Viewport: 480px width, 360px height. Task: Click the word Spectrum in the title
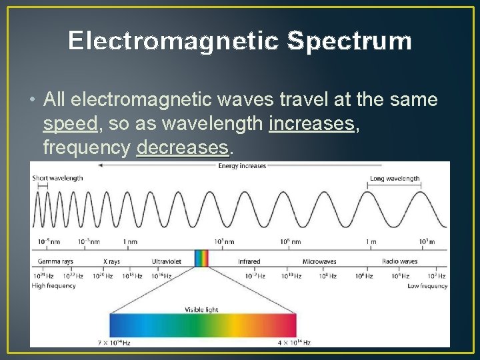[x=349, y=41]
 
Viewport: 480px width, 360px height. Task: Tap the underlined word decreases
[x=182, y=147]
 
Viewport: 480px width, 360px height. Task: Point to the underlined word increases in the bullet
[x=311, y=124]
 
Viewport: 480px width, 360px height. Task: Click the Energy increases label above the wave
[x=242, y=166]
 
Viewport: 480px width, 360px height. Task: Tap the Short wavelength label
[x=58, y=178]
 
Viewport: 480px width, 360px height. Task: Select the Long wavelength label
[x=395, y=178]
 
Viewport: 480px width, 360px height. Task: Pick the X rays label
[x=111, y=262]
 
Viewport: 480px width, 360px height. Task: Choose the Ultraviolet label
[x=166, y=262]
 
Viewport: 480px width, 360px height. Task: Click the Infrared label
[x=249, y=262]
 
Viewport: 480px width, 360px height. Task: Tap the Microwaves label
[x=319, y=262]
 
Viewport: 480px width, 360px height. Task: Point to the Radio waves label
[x=399, y=262]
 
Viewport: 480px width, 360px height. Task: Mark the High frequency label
[x=54, y=286]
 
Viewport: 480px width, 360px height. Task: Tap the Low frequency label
[x=427, y=286]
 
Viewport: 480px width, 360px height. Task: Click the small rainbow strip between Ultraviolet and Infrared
[x=201, y=258]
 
